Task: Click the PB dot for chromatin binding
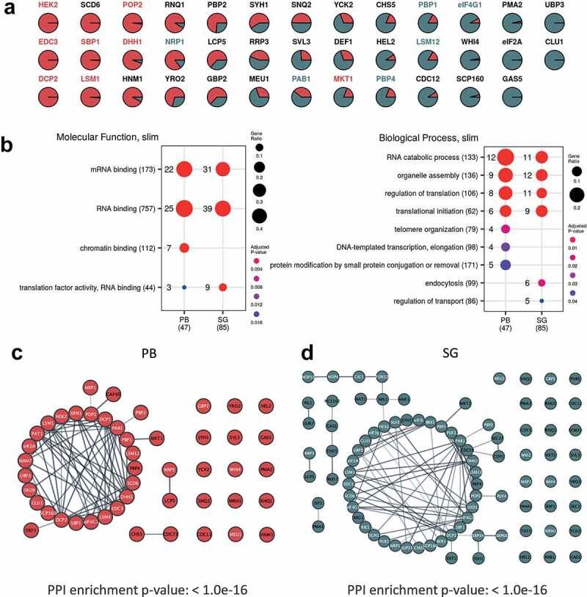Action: point(184,247)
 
